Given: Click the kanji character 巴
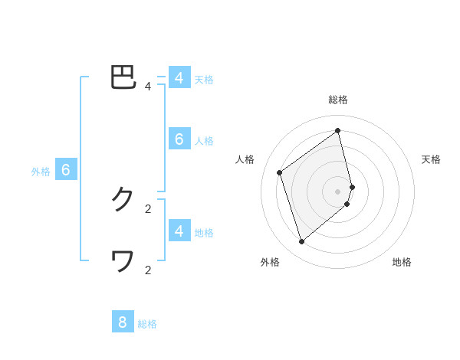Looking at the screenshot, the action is coord(123,77).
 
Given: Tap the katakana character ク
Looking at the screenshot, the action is coord(123,200).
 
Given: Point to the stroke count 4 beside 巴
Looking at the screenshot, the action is coord(148,87).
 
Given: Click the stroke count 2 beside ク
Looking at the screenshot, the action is coord(148,208).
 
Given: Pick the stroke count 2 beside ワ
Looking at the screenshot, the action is coord(148,270).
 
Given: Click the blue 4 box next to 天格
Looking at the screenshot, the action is coord(179,78).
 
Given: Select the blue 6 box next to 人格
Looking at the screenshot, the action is coord(179,139).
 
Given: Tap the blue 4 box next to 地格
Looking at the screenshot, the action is coord(179,231).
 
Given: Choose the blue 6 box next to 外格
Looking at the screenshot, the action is coord(66,170).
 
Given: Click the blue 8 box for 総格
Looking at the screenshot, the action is coord(123,322).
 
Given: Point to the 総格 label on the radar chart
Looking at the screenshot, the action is coord(338,100).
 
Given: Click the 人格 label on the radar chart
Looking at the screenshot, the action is coord(245,159).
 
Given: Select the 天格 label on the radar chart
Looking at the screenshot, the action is coord(431,159).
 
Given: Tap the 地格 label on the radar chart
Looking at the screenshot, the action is coord(402,262).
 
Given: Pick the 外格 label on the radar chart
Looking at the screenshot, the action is coord(270,262).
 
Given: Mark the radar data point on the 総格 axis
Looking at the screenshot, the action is coord(338,130).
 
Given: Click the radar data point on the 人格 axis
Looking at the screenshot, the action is coord(280,172).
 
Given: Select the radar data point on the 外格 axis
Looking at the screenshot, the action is coord(302,242).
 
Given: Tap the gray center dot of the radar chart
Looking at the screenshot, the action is coord(338,191).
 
